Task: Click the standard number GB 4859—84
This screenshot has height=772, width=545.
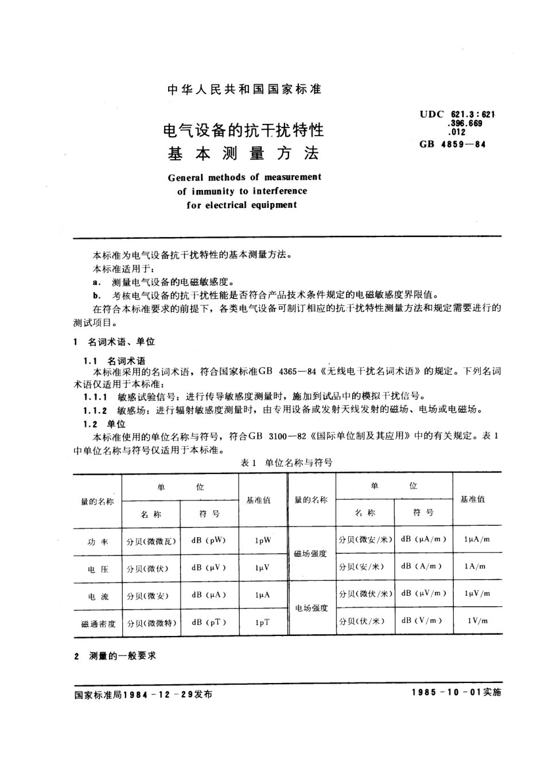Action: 452,144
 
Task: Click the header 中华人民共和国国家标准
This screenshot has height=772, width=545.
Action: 244,90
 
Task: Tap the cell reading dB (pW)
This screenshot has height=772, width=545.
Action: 209,540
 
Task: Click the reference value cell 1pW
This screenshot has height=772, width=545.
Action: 263,540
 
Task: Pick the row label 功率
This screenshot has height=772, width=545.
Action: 98,541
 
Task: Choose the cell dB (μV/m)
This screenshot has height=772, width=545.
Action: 423,593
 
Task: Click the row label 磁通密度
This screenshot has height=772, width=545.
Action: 98,623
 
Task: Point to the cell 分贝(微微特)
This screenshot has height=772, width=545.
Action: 151,623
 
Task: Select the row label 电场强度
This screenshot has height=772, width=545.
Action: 311,607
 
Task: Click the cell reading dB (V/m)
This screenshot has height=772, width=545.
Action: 422,620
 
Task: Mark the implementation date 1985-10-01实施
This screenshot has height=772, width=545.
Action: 456,692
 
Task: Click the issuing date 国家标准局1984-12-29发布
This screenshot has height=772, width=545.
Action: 143,693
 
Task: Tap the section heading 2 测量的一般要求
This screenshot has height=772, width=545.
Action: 115,655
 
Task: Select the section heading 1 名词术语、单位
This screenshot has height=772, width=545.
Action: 115,342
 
